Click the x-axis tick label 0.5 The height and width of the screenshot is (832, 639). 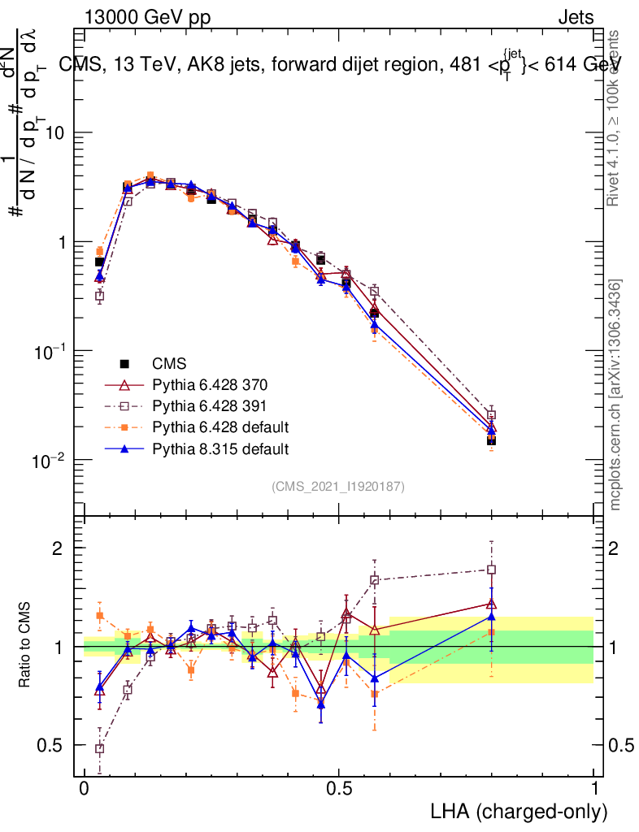[340, 789]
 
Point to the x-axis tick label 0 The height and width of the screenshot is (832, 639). [85, 789]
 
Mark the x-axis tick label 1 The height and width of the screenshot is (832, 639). [594, 789]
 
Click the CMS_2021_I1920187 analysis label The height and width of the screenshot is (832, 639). [338, 486]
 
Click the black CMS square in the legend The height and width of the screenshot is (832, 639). [124, 363]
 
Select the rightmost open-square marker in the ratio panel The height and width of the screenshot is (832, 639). [491, 570]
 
